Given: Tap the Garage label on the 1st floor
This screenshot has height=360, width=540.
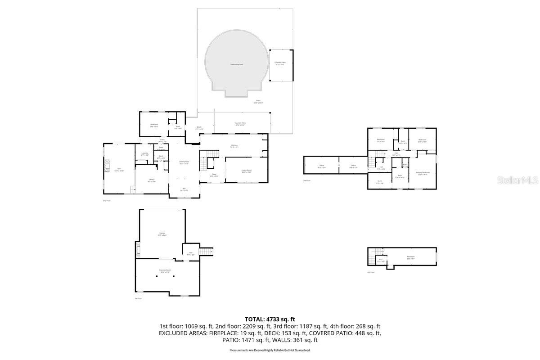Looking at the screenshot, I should coord(162,234).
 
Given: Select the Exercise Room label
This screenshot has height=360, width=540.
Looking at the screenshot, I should coord(164,271).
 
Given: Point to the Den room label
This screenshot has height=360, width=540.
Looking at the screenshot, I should coord(119,169).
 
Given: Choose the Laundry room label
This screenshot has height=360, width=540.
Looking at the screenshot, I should coord(144,154).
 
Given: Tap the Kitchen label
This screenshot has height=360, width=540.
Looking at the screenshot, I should coord(234,146).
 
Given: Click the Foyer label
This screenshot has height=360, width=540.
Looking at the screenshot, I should coord(214,175).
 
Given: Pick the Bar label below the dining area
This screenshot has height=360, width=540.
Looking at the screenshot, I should coord(184,189).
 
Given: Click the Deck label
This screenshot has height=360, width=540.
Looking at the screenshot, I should coord(199,128).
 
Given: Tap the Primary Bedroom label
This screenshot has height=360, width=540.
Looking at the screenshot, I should coord(423,173).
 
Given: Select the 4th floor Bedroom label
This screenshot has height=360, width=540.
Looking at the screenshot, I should coord(410,257).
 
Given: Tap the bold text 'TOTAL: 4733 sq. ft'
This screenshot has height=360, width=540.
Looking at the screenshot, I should coord(270,319).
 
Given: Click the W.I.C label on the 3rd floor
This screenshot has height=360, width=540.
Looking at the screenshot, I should coord(380,182).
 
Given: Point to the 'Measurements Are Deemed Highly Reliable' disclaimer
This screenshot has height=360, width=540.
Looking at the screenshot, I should coord(270,350).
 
